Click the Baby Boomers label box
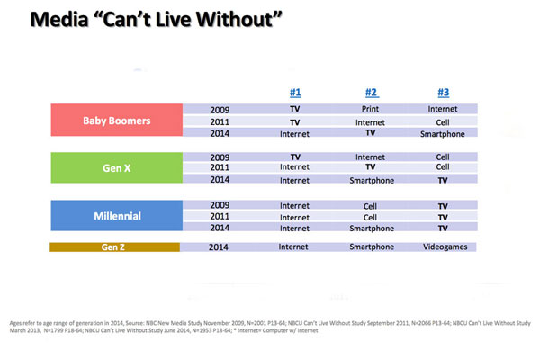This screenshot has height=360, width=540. click(x=116, y=121)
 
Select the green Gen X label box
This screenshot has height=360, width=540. click(x=116, y=166)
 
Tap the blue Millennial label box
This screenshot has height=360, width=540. click(x=116, y=217)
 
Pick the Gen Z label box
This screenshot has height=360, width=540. click(x=116, y=247)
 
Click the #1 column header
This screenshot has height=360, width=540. click(x=294, y=91)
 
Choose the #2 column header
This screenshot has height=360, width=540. click(x=371, y=91)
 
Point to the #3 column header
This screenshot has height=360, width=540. click(x=442, y=91)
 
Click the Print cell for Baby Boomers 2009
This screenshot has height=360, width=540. click(x=370, y=109)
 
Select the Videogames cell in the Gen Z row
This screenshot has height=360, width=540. click(x=442, y=247)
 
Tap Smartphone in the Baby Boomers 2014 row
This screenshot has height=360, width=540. click(x=442, y=133)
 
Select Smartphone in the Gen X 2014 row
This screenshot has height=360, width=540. click(x=370, y=180)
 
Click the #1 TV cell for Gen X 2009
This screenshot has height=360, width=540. click(x=294, y=156)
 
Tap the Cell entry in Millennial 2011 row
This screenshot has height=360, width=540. click(x=370, y=217)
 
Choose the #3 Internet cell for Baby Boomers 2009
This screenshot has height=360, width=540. click(x=442, y=109)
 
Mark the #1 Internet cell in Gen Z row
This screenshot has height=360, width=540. click(x=294, y=247)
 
